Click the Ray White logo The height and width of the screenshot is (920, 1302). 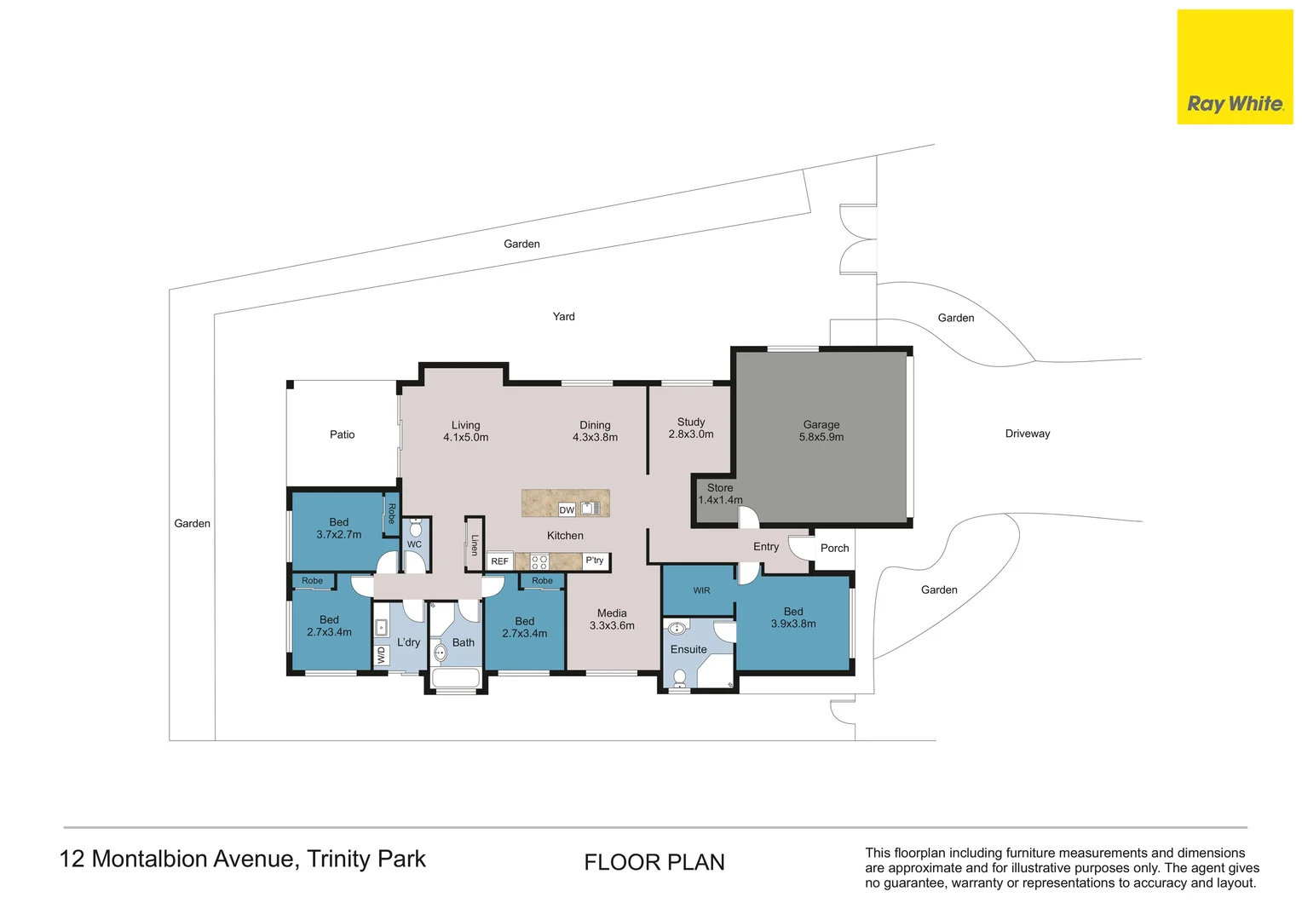[1236, 66]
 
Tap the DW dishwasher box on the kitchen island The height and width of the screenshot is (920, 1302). [567, 509]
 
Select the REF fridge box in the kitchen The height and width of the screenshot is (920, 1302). [500, 561]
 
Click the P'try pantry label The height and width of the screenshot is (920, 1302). [594, 561]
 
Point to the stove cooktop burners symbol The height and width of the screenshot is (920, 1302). [539, 561]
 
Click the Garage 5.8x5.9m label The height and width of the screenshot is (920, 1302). [821, 431]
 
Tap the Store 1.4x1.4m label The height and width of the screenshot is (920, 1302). [720, 493]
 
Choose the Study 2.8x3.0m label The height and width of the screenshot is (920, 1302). [691, 428]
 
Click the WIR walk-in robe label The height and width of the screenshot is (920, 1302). [701, 590]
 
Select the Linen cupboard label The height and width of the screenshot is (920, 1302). [475, 544]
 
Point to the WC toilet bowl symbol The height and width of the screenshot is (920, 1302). [416, 528]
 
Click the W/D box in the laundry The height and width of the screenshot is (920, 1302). [381, 655]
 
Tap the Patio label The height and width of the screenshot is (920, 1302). [343, 434]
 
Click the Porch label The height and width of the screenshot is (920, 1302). [835, 548]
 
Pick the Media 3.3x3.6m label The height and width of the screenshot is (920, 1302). [612, 619]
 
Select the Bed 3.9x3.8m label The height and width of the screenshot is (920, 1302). [793, 618]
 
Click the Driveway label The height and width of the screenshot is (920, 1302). [1028, 434]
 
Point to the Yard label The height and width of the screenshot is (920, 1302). [564, 316]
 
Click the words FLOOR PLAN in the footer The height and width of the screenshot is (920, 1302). [654, 862]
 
